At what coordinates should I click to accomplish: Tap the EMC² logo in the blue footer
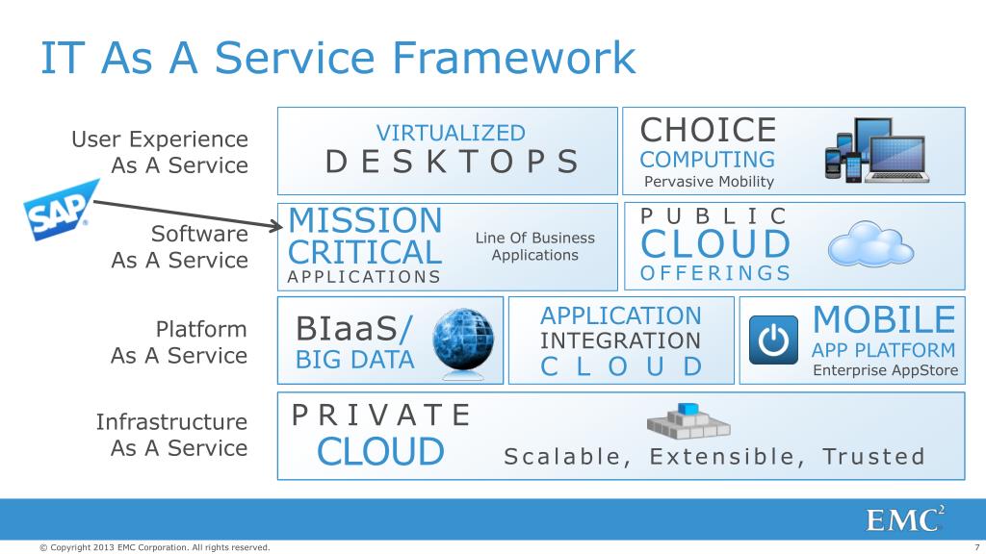(x=905, y=519)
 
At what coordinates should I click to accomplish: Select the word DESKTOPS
(x=453, y=162)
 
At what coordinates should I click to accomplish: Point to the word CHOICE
(x=708, y=130)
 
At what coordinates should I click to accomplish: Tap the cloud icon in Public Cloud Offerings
(x=869, y=244)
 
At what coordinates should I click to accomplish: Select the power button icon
(x=773, y=340)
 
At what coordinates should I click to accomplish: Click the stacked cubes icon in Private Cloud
(x=688, y=421)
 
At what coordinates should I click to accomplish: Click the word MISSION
(x=365, y=220)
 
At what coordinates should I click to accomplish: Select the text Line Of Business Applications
(x=534, y=246)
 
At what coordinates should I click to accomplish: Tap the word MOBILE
(x=884, y=318)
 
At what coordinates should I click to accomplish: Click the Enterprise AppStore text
(x=886, y=371)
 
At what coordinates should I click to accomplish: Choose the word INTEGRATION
(x=620, y=340)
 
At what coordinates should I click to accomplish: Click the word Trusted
(x=873, y=456)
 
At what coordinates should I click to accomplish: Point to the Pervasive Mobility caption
(x=709, y=181)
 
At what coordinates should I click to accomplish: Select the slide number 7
(x=964, y=547)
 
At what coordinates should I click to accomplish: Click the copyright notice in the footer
(x=154, y=547)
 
